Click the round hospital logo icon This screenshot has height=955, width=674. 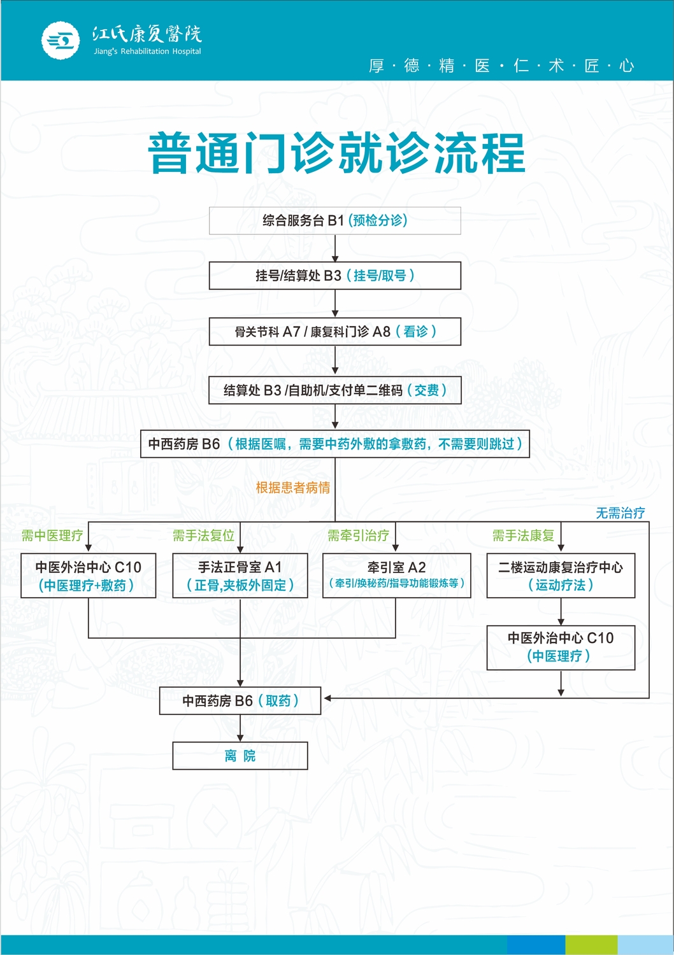tap(61, 41)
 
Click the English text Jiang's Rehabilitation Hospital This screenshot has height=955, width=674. tap(147, 52)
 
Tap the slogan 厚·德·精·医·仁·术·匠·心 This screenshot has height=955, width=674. tap(501, 66)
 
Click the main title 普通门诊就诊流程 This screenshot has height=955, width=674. tap(336, 153)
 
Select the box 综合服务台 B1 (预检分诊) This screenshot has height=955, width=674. tap(335, 220)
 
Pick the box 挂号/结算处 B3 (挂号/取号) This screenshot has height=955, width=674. tap(335, 276)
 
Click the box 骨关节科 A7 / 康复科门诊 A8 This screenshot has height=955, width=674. tap(335, 332)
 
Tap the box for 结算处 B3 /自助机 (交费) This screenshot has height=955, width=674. tap(335, 390)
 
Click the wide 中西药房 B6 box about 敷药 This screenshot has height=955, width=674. tap(335, 444)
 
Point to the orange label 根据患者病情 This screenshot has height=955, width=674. tap(293, 488)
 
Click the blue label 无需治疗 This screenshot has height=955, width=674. tap(620, 513)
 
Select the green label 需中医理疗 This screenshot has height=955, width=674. tap(52, 535)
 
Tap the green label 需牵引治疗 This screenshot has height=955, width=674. tap(358, 535)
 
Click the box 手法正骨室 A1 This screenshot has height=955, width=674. tap(240, 576)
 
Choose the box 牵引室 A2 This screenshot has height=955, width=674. tap(396, 576)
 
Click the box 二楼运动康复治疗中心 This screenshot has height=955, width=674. tap(561, 576)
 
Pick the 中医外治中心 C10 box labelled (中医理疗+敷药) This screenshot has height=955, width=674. tap(88, 576)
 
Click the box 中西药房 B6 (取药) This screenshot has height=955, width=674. tap(240, 701)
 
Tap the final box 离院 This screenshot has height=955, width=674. tap(240, 756)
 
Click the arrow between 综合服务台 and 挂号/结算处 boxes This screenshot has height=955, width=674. tap(335, 249)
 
